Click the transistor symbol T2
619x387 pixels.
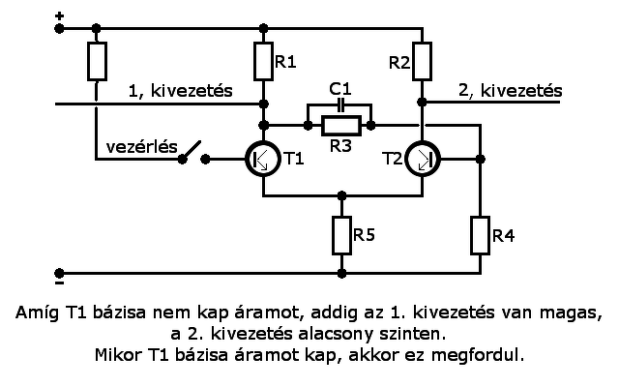click(422, 158)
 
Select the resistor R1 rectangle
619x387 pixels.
click(263, 61)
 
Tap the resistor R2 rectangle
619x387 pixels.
click(422, 61)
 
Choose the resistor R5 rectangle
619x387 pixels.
click(341, 235)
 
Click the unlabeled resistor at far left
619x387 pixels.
click(96, 61)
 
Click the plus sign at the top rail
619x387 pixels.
click(60, 16)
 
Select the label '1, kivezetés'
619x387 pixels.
click(182, 90)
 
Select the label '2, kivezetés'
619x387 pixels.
click(510, 90)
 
